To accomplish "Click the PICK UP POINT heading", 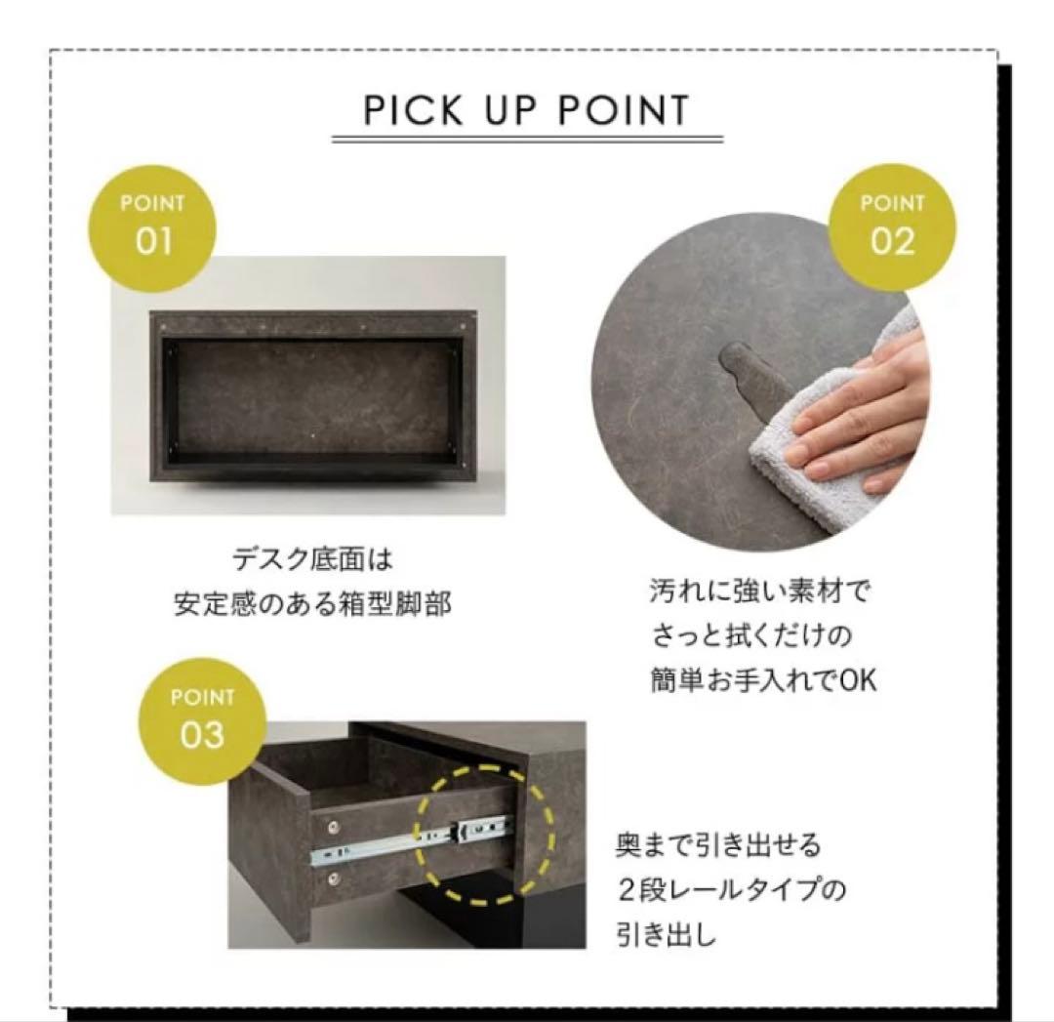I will click(526, 110).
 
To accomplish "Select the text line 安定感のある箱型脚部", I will click(312, 604).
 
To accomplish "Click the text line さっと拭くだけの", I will click(751, 635).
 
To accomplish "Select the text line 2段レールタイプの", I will click(730, 890).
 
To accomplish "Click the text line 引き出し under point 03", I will click(666, 936).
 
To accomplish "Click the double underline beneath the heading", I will click(527, 140).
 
